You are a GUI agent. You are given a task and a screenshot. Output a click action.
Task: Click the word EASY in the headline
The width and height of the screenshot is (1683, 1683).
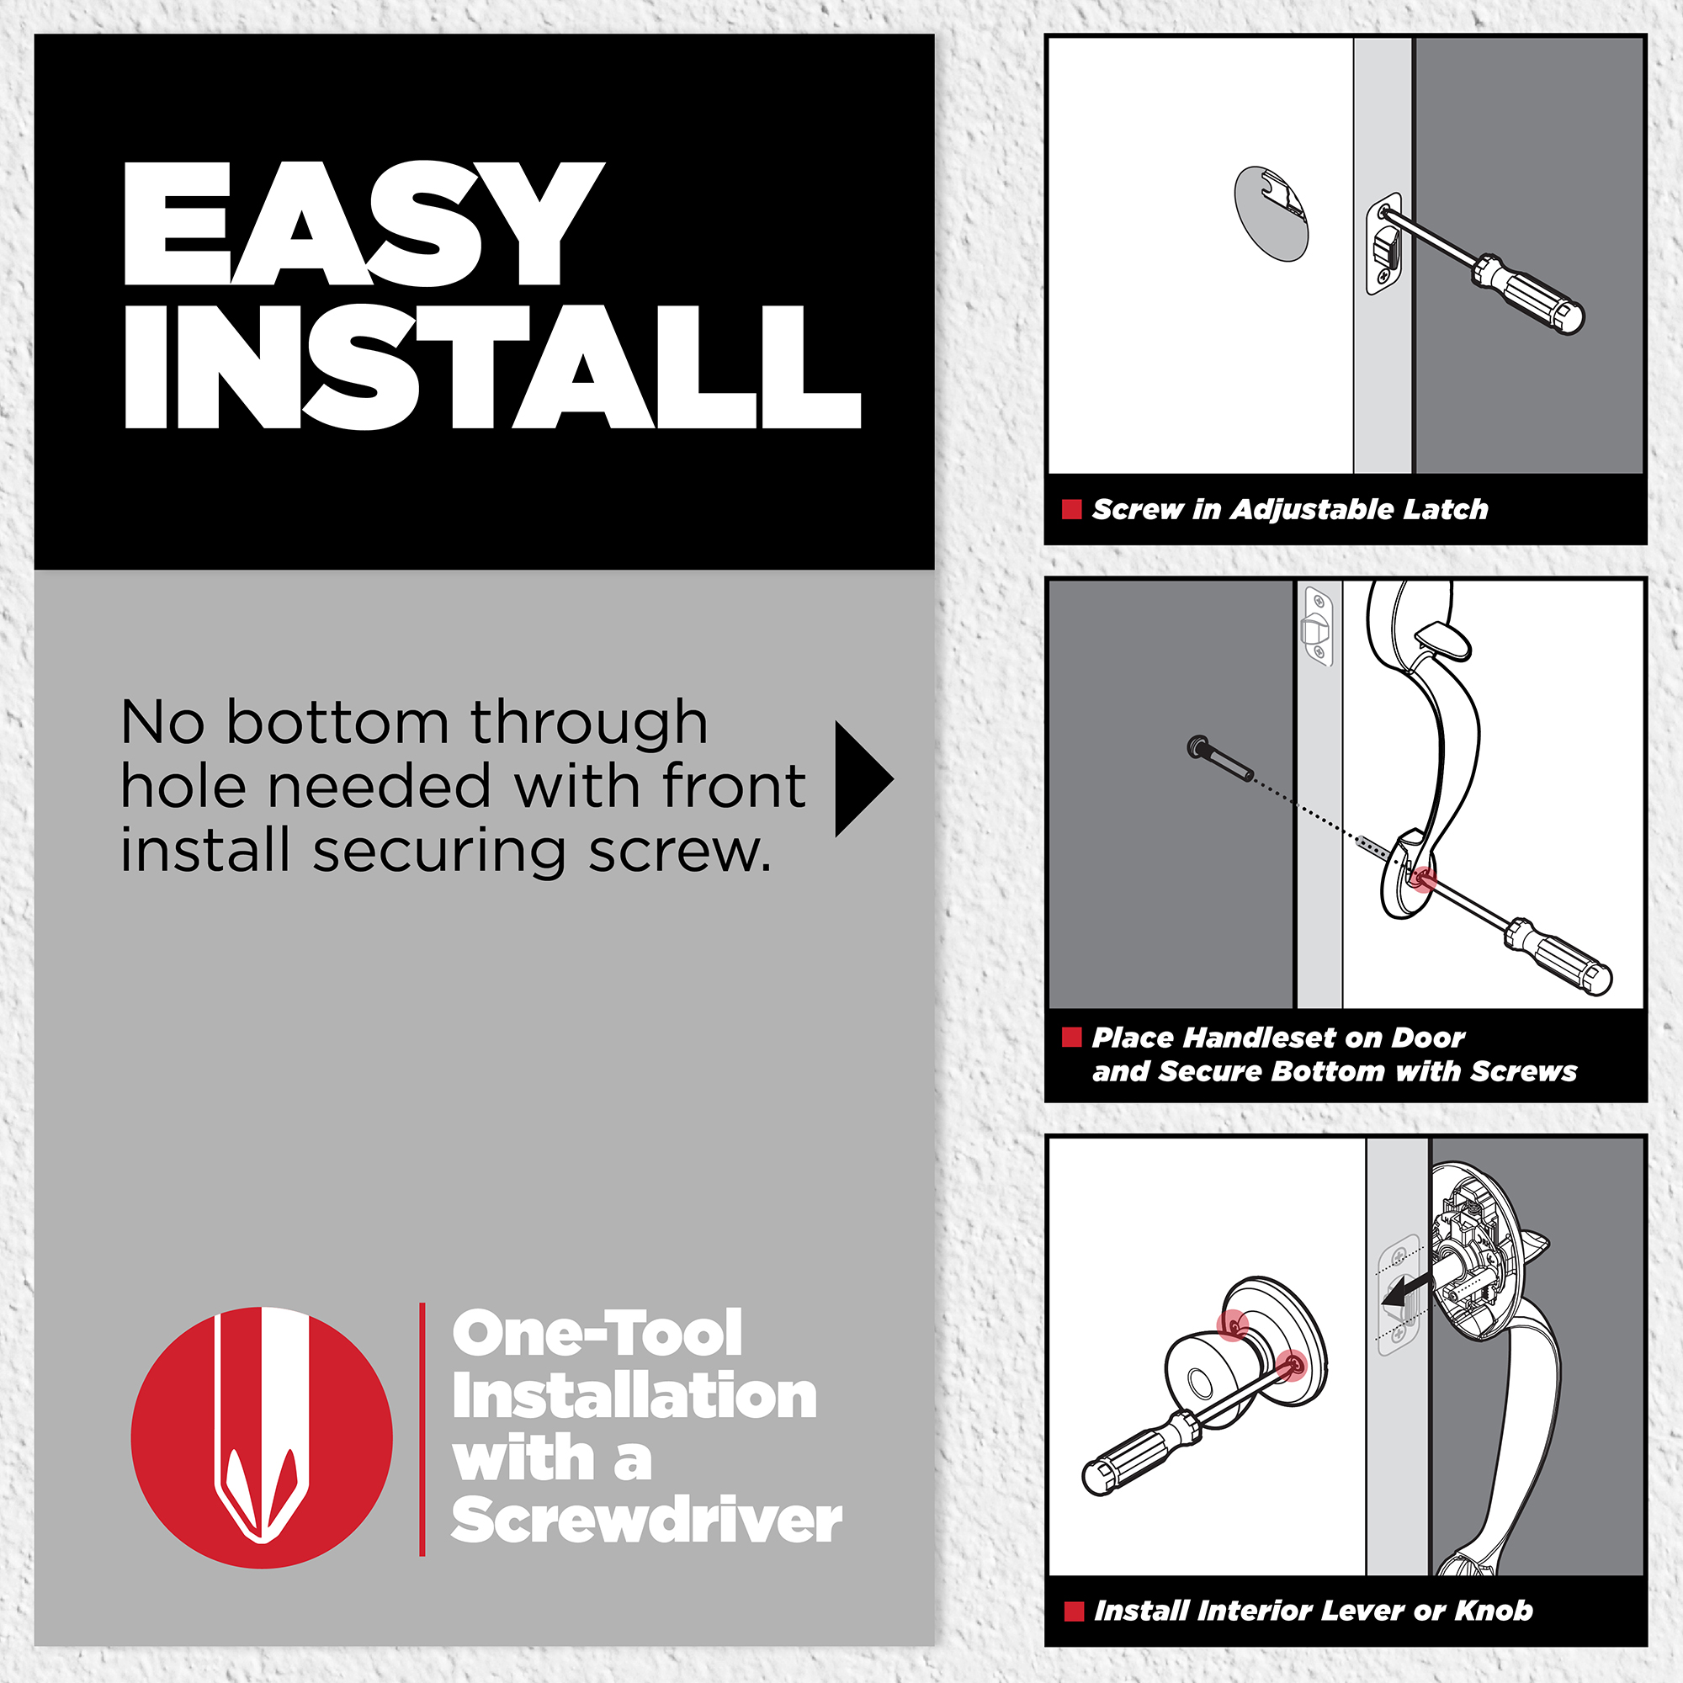click(x=364, y=223)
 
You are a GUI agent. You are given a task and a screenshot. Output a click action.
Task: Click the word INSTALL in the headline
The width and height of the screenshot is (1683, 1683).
click(x=493, y=367)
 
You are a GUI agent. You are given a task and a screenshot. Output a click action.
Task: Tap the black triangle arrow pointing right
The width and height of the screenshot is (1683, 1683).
click(x=863, y=778)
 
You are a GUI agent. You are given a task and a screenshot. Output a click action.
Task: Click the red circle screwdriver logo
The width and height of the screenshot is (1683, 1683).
click(x=262, y=1437)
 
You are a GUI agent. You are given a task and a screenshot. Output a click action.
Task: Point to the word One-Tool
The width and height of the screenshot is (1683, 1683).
click(x=597, y=1333)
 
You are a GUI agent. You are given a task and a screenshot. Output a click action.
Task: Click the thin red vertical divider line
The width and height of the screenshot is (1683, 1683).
click(x=422, y=1430)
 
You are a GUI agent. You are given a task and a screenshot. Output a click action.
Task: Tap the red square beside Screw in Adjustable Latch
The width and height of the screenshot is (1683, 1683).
click(x=1071, y=510)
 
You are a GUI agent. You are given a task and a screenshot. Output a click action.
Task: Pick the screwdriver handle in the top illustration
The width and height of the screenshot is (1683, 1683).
click(x=1528, y=295)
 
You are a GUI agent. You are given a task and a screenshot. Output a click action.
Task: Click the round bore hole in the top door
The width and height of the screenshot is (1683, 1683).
click(x=1271, y=214)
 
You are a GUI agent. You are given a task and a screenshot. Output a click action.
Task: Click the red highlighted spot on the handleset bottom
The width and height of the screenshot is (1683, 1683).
click(x=1422, y=879)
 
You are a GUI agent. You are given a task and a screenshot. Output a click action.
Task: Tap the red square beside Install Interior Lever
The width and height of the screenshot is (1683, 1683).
click(x=1074, y=1611)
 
